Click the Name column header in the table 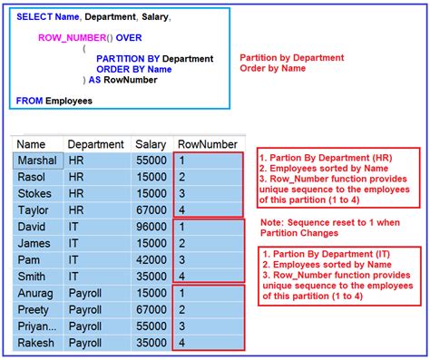pos(32,145)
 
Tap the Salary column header pos(151,145)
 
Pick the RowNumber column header pos(208,145)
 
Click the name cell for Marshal pos(37,161)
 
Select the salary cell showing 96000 pos(151,227)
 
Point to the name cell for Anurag pos(35,294)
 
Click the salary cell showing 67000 pos(151,310)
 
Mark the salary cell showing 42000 pos(151,260)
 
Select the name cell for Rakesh pos(36,344)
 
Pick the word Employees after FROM pos(69,101)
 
